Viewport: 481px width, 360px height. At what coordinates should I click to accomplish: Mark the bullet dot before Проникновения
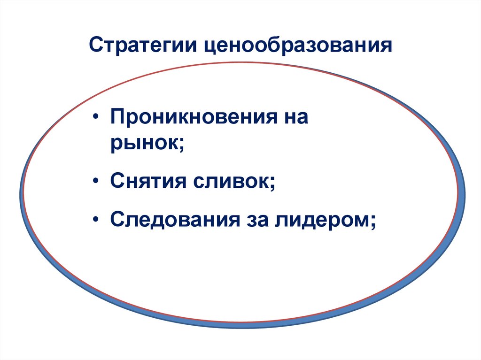coord(96,117)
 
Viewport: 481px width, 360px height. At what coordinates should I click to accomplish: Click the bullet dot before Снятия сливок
coord(96,181)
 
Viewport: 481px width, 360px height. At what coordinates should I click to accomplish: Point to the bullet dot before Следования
coord(96,219)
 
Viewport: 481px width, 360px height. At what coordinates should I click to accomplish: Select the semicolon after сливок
coord(272,182)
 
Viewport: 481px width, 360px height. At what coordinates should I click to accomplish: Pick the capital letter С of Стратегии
coord(95,47)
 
